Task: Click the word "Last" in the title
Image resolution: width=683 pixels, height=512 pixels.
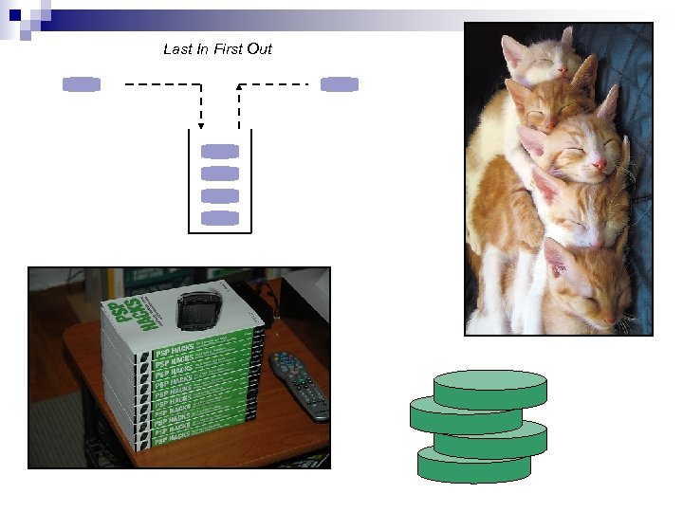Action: tap(176, 49)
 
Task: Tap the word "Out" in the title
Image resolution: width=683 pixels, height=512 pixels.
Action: tap(259, 49)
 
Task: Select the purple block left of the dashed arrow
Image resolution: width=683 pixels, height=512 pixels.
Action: tap(82, 84)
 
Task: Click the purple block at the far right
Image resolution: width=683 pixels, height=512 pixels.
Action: tap(340, 84)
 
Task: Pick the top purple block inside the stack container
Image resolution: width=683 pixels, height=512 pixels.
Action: tap(220, 151)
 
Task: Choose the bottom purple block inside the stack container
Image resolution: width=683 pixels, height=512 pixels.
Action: tap(220, 218)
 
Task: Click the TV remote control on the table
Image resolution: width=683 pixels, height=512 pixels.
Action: tap(300, 384)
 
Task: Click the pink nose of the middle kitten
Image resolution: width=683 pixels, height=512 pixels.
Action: tap(600, 166)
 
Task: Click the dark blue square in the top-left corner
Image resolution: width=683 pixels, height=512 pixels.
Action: tap(14, 14)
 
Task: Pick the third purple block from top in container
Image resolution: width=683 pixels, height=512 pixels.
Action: tap(220, 195)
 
